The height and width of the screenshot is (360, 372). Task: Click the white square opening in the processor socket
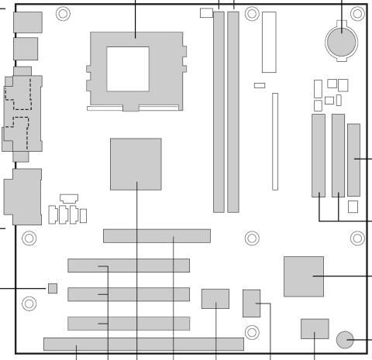coord(128,68)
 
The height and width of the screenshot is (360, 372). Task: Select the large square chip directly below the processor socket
coord(136,163)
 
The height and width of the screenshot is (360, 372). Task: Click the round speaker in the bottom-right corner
coord(346,338)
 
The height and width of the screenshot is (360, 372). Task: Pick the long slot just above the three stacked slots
coord(157,235)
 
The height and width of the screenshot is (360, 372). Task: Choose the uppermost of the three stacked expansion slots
coord(128,266)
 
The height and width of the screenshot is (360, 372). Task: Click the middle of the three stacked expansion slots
coord(128,294)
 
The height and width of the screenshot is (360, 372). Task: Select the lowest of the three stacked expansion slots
coord(128,323)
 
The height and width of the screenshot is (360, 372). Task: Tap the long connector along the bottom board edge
coord(143,344)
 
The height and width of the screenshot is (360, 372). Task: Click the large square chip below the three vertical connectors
coord(303,276)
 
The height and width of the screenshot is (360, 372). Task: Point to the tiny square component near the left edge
coord(53,289)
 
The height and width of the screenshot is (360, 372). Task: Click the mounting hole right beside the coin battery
coord(356,13)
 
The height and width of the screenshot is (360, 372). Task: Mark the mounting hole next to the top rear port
coord(63,13)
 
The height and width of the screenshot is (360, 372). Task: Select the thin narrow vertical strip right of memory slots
coord(274,141)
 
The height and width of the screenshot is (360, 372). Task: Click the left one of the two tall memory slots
coord(219,112)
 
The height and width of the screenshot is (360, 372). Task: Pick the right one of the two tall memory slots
coord(232,112)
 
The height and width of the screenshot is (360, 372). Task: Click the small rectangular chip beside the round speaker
coord(314,328)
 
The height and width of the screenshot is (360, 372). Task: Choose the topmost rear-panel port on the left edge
coord(27,22)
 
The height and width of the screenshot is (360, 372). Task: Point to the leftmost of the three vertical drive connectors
coord(319,155)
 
